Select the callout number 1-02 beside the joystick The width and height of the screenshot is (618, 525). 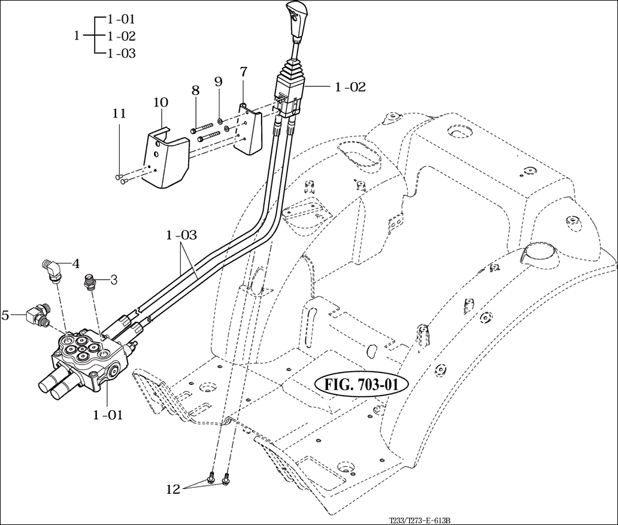(x=350, y=87)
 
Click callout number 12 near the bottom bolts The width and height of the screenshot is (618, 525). (x=173, y=489)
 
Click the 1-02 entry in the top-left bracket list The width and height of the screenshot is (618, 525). (x=122, y=36)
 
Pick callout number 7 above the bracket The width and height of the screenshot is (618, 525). (x=243, y=72)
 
